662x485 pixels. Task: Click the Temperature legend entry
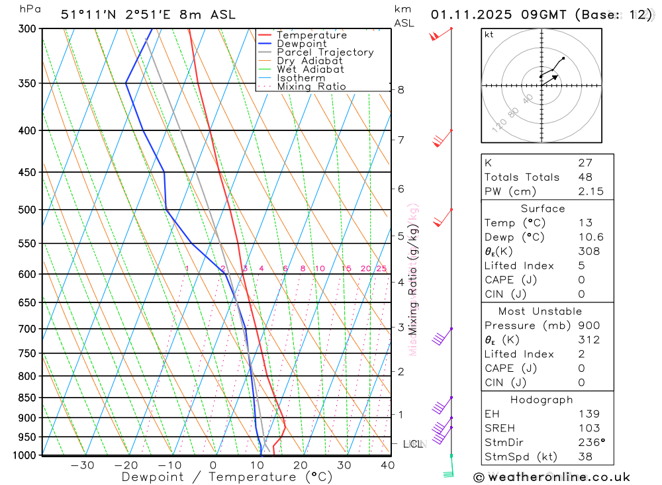pyautogui.click(x=311, y=35)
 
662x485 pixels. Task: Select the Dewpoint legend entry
pyautogui.click(x=302, y=44)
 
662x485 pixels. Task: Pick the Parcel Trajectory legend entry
pyautogui.click(x=325, y=52)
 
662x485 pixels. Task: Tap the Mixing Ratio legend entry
pyautogui.click(x=311, y=87)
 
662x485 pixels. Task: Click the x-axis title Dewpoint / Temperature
pyautogui.click(x=227, y=476)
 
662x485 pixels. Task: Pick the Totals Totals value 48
pyautogui.click(x=585, y=177)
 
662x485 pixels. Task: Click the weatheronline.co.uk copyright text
pyautogui.click(x=551, y=476)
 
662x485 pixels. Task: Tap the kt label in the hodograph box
pyautogui.click(x=489, y=34)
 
